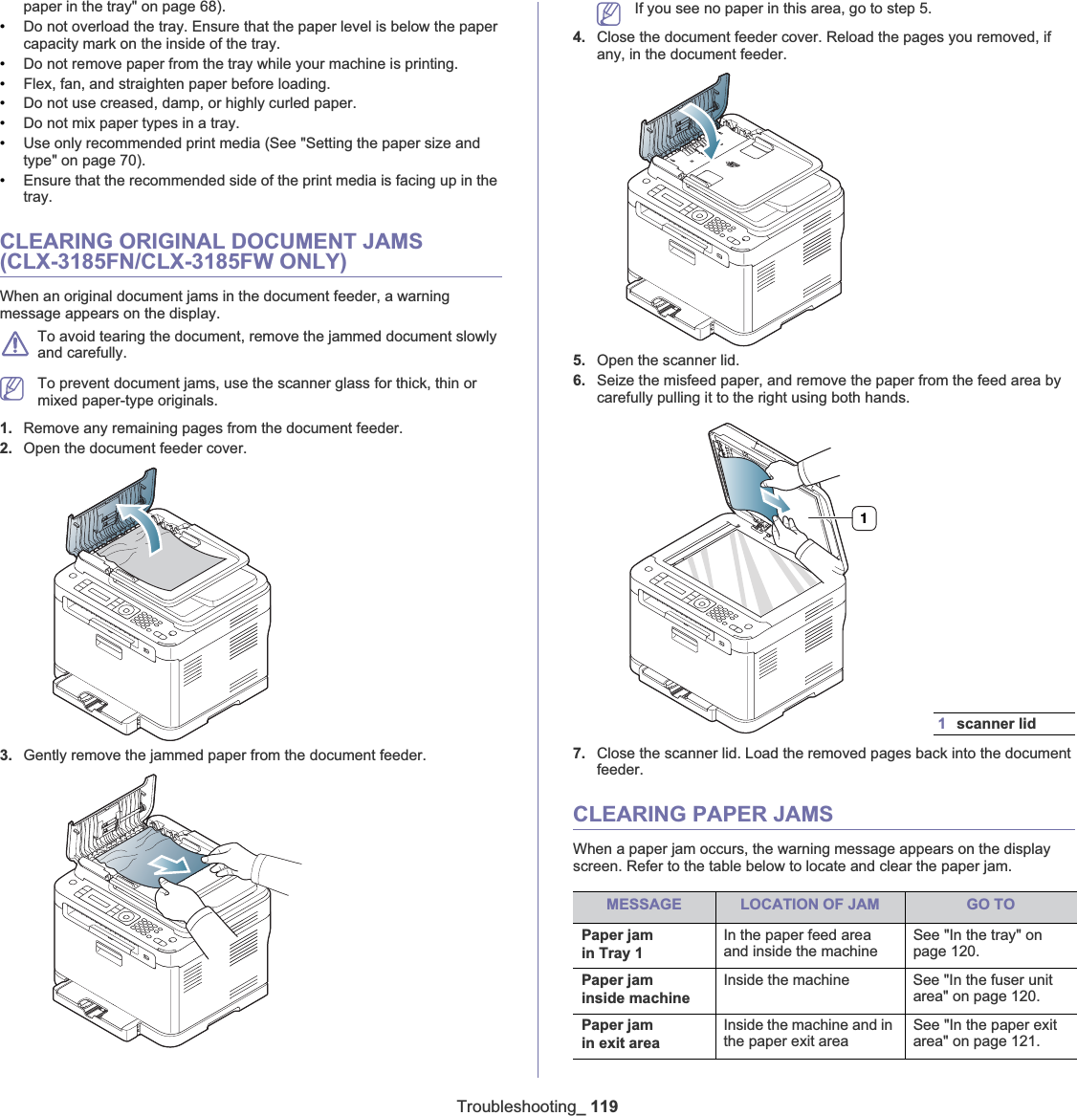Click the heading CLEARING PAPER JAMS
(x=703, y=814)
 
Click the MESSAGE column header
(x=644, y=905)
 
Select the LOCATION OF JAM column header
(x=809, y=905)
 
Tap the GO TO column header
(x=990, y=905)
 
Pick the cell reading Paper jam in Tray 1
(x=618, y=944)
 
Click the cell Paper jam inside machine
(x=635, y=989)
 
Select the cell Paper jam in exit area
(x=621, y=1034)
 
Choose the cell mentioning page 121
(x=984, y=1033)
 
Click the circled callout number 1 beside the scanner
(x=864, y=518)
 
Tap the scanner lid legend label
(x=996, y=724)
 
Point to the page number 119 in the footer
(x=604, y=1106)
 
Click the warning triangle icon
(x=14, y=343)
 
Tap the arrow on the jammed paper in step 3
(x=172, y=864)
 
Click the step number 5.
(x=579, y=361)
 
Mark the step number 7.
(x=579, y=754)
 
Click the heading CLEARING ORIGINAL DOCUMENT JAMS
(x=211, y=252)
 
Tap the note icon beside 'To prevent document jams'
(x=12, y=388)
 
